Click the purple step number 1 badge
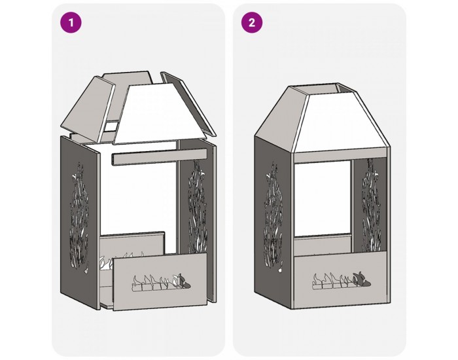(71, 22)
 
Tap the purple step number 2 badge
(252, 22)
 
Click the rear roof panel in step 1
(128, 88)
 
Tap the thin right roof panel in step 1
(188, 101)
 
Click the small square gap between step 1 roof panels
(111, 126)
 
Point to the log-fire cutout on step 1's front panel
(162, 282)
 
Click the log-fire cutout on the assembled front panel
(342, 281)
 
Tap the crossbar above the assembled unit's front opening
(341, 156)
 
